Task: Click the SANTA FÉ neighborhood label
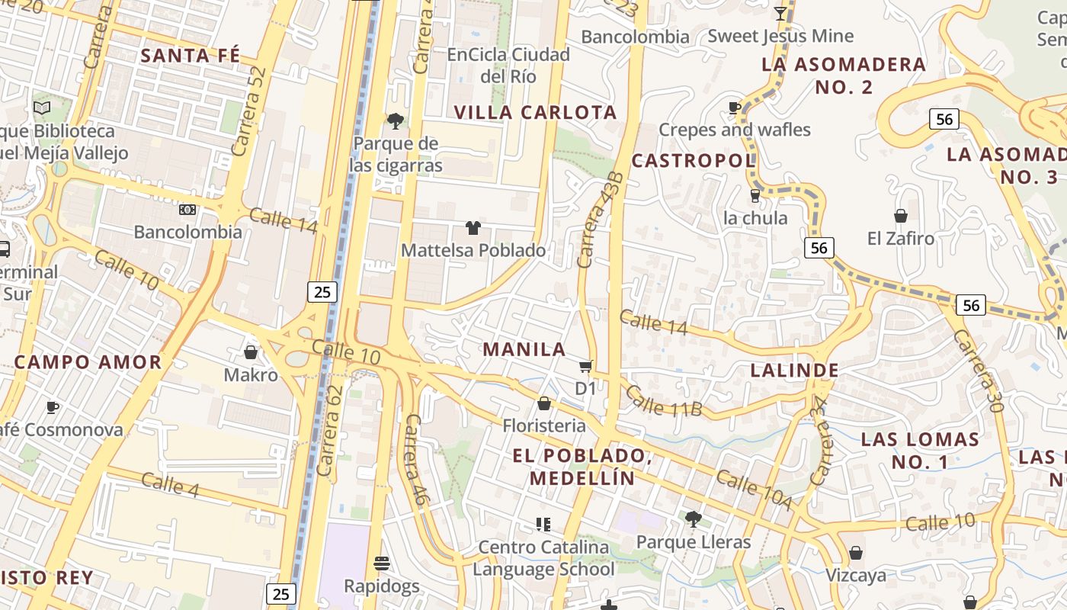(x=191, y=56)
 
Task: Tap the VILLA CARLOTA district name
(x=535, y=113)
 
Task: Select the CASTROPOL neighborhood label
(x=693, y=161)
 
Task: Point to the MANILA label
(x=524, y=350)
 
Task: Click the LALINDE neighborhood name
(x=795, y=371)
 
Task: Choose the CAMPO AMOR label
(x=88, y=362)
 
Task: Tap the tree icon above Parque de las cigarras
(x=396, y=120)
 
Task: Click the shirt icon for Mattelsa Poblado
(x=473, y=227)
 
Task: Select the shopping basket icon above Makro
(x=250, y=352)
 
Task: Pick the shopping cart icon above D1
(x=585, y=367)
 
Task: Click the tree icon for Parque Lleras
(x=693, y=519)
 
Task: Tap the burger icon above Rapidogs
(x=382, y=563)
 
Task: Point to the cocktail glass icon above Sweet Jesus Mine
(x=780, y=13)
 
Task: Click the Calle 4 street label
(x=170, y=486)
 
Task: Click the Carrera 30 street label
(x=979, y=371)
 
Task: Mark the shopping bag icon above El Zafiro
(x=901, y=216)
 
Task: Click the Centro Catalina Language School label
(x=543, y=558)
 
